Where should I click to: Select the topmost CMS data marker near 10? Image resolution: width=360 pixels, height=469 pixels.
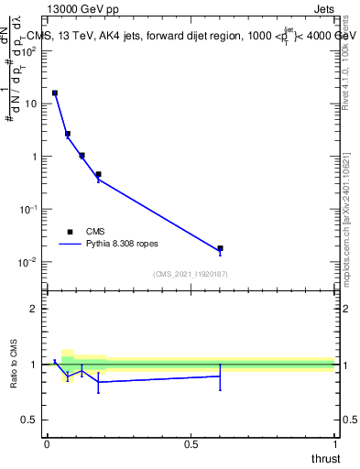pos(55,93)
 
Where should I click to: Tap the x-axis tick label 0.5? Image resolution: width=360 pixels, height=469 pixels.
pos(191,443)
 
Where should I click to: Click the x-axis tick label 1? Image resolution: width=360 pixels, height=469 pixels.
pos(334,443)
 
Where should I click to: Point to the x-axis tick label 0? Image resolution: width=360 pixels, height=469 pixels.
pos(47,443)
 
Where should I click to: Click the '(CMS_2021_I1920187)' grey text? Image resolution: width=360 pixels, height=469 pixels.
pos(190,274)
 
